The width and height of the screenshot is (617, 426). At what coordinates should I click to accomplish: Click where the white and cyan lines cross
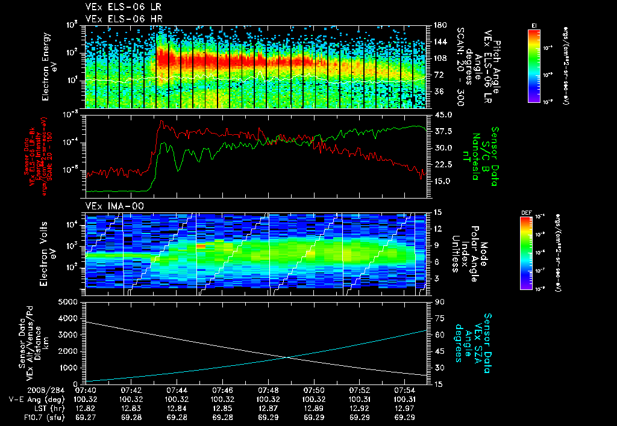point(286,357)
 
